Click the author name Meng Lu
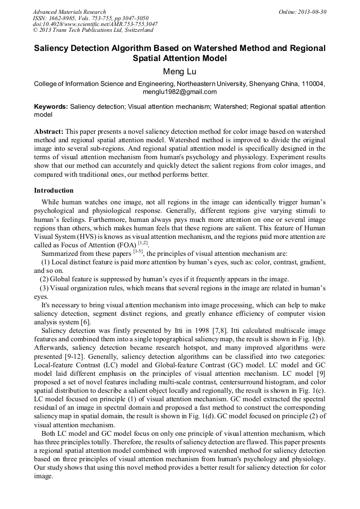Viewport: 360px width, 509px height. pyautogui.click(x=179, y=70)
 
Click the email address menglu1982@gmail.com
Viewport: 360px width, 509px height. pyautogui.click(x=179, y=92)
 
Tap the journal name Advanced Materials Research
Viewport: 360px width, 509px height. pyautogui.click(x=69, y=12)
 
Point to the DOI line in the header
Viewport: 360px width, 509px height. pyautogui.click(x=95, y=24)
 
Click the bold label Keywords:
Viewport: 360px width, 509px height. pyautogui.click(x=51, y=107)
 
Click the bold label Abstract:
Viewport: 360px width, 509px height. pyautogui.click(x=49, y=131)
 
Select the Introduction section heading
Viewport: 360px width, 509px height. pyautogui.click(x=54, y=191)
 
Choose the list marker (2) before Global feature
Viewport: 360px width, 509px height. pyautogui.click(x=45, y=279)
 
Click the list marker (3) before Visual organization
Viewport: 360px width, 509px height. pyautogui.click(x=45, y=288)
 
